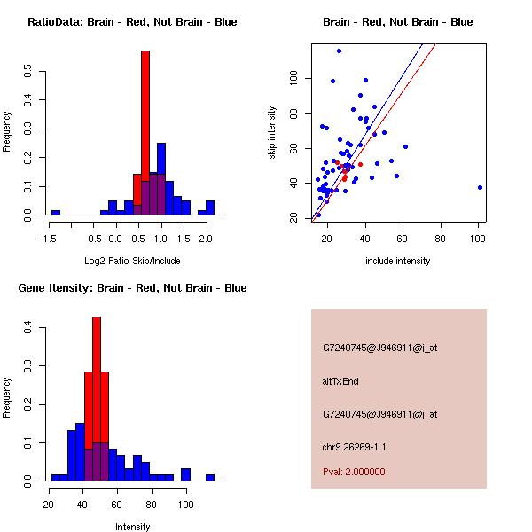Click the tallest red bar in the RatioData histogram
coord(145,133)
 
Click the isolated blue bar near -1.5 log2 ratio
coord(56,213)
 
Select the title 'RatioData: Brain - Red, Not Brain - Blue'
coord(132,22)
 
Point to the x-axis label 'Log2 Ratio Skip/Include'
coord(132,261)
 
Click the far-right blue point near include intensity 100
coord(480,187)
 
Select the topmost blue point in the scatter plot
coord(339,51)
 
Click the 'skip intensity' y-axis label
coord(272,133)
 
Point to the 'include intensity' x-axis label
coord(397,261)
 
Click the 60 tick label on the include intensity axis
coord(403,238)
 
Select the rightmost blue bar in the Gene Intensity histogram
coord(210,477)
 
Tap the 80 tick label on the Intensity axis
coord(152,504)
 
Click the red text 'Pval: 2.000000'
coord(354,472)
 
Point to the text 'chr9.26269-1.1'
coord(355,446)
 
